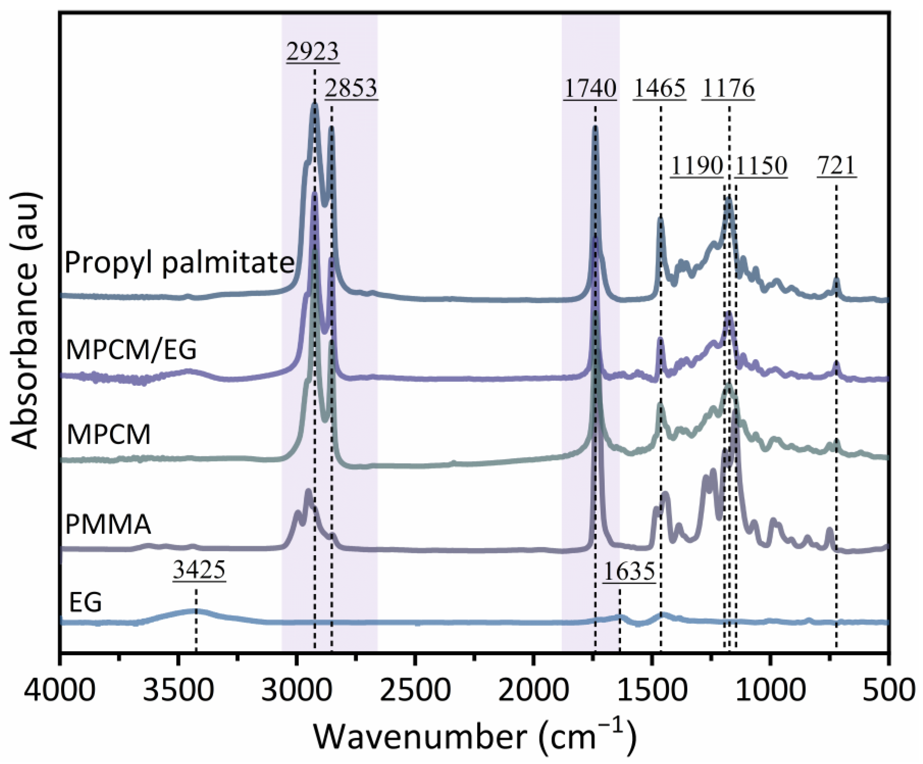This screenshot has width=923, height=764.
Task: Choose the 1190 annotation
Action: (x=697, y=166)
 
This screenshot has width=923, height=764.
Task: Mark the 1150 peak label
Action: (x=761, y=166)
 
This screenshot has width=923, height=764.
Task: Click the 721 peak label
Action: (x=837, y=166)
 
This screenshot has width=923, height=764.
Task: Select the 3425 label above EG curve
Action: (x=199, y=571)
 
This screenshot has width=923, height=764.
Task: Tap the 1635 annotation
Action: (x=629, y=572)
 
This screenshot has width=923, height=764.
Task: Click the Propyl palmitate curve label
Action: (x=179, y=263)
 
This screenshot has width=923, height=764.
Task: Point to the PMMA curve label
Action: (x=108, y=524)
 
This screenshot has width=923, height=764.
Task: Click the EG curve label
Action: (x=86, y=602)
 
